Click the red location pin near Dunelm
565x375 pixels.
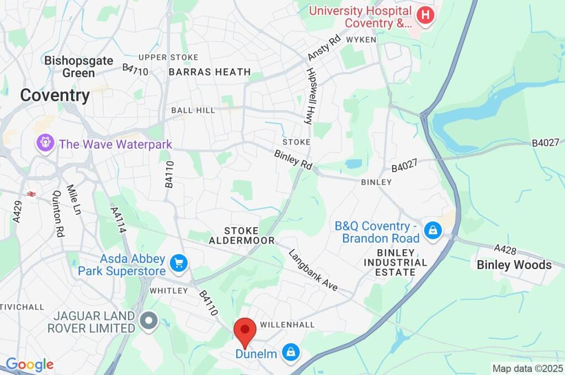point(245,331)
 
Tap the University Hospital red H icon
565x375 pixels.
point(425,15)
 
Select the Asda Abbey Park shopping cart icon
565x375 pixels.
point(178,264)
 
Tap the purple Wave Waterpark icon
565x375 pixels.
point(45,144)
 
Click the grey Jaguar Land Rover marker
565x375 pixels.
point(148,322)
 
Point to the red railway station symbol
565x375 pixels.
point(31,195)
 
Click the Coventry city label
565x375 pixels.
point(55,95)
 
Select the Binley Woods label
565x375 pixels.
point(514,265)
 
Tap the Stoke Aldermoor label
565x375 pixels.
point(242,235)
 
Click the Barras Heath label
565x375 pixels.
point(210,72)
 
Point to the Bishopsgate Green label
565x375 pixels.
point(79,67)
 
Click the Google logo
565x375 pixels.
point(29,365)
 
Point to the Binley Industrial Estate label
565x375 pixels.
point(395,262)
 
